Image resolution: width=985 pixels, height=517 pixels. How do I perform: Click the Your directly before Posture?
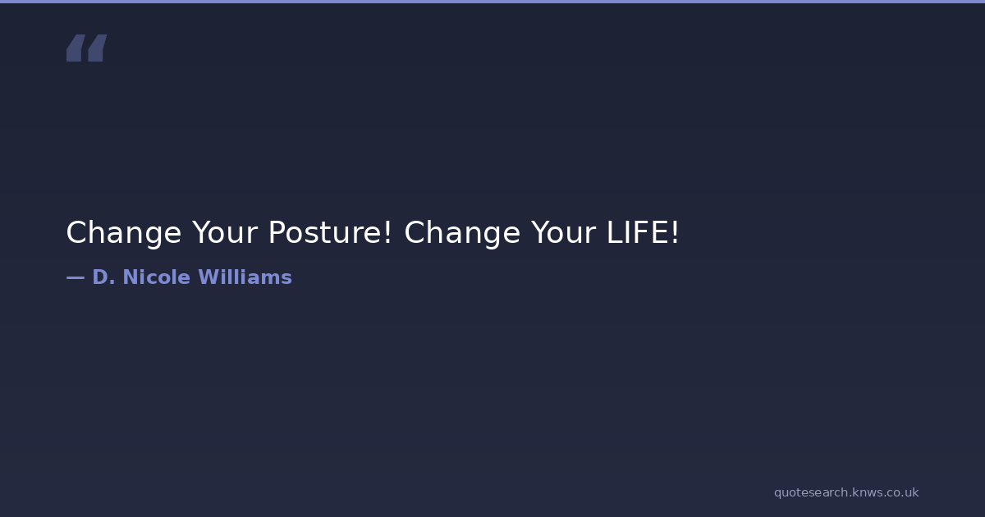(x=225, y=232)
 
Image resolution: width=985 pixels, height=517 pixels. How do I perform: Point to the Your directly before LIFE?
(x=564, y=232)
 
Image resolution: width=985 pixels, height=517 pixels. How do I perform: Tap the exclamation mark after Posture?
(x=387, y=232)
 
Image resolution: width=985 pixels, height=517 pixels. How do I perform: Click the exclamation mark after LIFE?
(x=675, y=232)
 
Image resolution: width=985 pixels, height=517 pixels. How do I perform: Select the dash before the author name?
(x=76, y=277)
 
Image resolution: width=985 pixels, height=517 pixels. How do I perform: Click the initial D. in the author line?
(x=103, y=277)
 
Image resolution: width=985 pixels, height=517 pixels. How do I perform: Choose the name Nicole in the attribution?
(x=157, y=277)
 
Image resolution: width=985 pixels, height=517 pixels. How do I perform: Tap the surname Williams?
(x=245, y=277)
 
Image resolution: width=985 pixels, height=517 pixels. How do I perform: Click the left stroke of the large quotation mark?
(x=76, y=48)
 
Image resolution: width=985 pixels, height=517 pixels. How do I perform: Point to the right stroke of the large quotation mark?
(x=97, y=48)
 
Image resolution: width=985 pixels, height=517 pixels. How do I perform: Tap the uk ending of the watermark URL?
(x=912, y=492)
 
